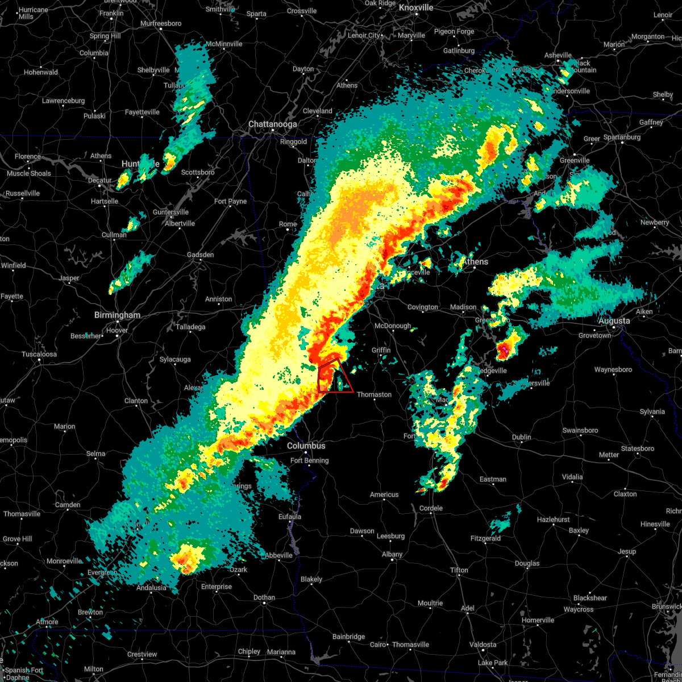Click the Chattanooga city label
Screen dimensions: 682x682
pyautogui.click(x=272, y=124)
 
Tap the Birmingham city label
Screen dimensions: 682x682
pyautogui.click(x=117, y=315)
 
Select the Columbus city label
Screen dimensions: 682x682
pyautogui.click(x=306, y=446)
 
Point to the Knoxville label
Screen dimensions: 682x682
pyautogui.click(x=416, y=7)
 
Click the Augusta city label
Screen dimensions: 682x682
pyautogui.click(x=614, y=321)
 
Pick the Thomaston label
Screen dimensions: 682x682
pyautogui.click(x=374, y=394)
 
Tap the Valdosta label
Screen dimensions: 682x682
pyautogui.click(x=483, y=644)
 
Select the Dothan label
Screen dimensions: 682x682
pyautogui.click(x=264, y=597)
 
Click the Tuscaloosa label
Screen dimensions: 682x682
pyautogui.click(x=39, y=354)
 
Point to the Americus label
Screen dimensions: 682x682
pyautogui.click(x=384, y=494)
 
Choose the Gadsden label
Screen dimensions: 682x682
pyautogui.click(x=201, y=255)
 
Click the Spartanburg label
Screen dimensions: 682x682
pyautogui.click(x=622, y=137)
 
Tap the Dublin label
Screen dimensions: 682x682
pyautogui.click(x=521, y=437)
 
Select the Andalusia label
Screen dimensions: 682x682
pyautogui.click(x=151, y=588)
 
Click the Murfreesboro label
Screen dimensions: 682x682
pyautogui.click(x=161, y=23)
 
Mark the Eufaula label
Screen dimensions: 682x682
pyautogui.click(x=290, y=517)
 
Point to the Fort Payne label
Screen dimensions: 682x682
pyautogui.click(x=230, y=201)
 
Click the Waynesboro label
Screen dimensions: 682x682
pyautogui.click(x=613, y=369)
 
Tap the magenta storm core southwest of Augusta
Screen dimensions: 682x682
pyautogui.click(x=502, y=349)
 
